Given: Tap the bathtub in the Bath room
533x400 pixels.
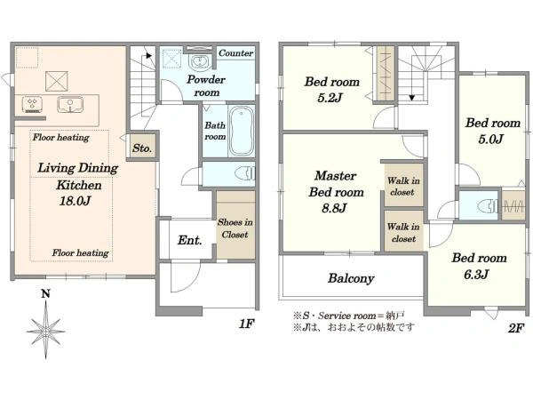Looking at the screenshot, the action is (242, 131).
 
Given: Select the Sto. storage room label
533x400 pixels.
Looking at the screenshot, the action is (142, 148).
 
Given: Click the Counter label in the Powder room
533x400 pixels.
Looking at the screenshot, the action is (235, 53).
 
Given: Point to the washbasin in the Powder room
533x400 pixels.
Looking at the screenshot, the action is (201, 62).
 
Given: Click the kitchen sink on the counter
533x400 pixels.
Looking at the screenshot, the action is (70, 104).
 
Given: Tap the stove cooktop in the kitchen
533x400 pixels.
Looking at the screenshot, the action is (32, 104).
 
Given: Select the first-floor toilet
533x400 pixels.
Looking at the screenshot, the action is (244, 173).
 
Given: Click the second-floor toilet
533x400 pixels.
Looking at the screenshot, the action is (488, 206).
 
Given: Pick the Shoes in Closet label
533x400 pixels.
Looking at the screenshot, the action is (235, 228).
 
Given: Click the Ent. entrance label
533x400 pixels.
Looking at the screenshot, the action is (190, 240).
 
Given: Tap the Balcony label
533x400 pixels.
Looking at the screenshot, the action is (351, 278).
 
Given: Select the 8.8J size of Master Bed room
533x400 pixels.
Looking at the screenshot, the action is (334, 208).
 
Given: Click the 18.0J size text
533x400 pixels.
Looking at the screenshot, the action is (75, 201).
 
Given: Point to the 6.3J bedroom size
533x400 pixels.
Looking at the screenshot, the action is (476, 274).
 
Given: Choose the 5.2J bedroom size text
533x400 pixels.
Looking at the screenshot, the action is (330, 98).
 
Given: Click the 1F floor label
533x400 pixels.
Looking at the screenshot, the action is (246, 324).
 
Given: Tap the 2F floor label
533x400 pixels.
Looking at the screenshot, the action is (515, 328).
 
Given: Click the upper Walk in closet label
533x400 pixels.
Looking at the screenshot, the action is (403, 186).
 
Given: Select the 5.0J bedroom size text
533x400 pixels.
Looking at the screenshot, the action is (490, 139).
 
